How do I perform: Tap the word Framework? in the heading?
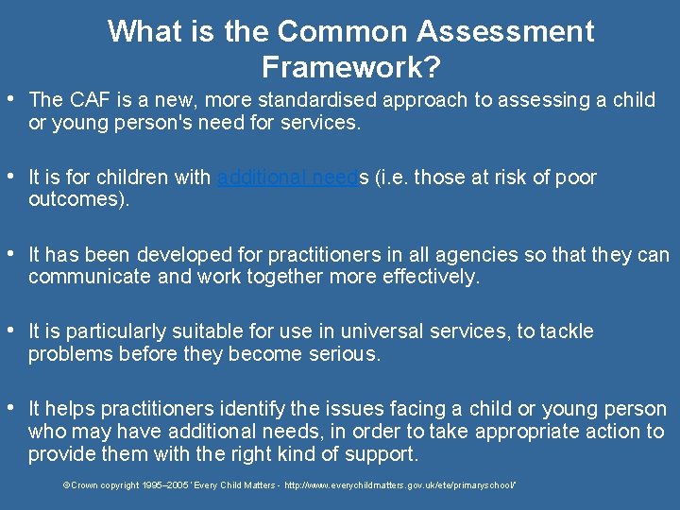(x=352, y=67)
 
